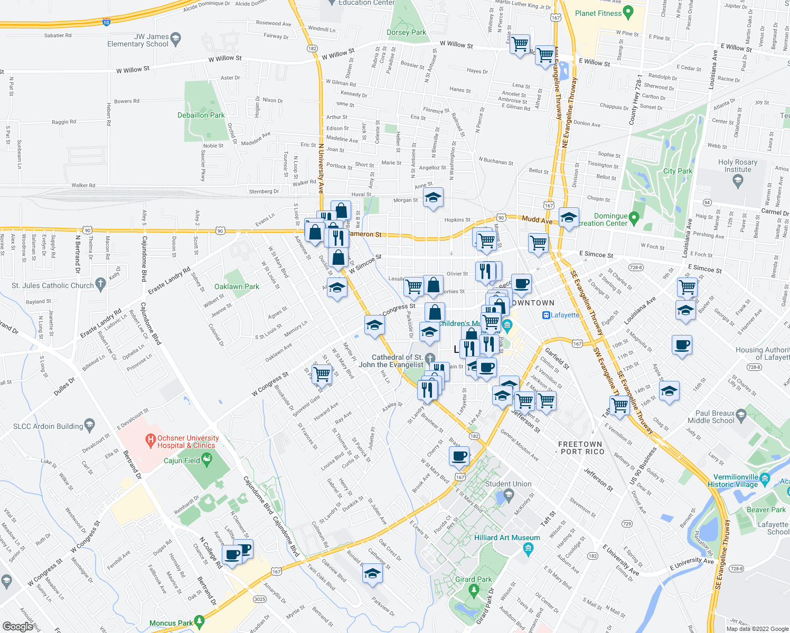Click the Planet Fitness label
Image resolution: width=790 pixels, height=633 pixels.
click(598, 13)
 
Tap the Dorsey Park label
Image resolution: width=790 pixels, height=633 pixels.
click(406, 32)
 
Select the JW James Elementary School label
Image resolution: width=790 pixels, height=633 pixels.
click(138, 40)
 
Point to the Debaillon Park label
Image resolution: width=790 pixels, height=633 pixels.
click(201, 115)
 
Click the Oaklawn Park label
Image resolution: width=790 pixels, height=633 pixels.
click(237, 286)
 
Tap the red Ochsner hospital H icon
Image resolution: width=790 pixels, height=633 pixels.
click(151, 439)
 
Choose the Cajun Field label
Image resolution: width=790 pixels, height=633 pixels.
click(182, 461)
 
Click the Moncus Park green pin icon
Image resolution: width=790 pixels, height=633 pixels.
click(199, 622)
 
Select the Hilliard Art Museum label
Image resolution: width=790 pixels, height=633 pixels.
click(507, 538)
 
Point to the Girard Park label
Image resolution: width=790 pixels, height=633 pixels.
click(473, 579)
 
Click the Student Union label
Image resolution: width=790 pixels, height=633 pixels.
click(508, 484)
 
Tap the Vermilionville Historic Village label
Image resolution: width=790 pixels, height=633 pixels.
click(736, 481)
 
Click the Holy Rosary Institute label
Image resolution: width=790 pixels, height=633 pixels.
click(737, 166)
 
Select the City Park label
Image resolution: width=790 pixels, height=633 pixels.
click(678, 171)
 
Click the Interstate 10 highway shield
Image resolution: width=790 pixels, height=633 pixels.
click(106, 22)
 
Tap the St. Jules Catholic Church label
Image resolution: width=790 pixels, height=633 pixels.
click(53, 285)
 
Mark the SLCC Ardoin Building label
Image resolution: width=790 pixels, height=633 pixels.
click(48, 426)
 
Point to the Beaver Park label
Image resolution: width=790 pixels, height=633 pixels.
click(766, 510)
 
